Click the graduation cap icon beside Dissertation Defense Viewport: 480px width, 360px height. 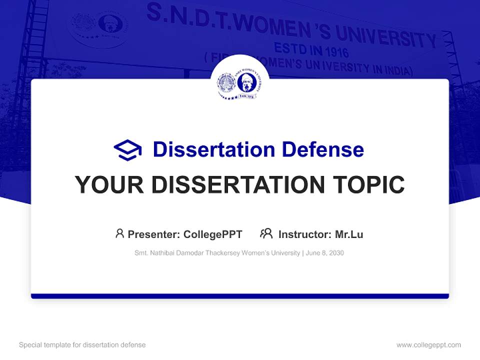pos(127,149)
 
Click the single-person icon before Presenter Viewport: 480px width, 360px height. pos(119,233)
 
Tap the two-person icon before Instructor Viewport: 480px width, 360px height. pos(266,233)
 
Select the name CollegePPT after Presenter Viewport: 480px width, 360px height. pos(213,234)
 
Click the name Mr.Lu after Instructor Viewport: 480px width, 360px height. pos(349,234)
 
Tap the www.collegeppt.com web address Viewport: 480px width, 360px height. pos(428,345)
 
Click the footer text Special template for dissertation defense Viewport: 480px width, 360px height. pos(82,345)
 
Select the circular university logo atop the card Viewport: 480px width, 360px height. pos(240,83)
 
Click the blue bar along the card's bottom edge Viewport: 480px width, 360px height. pos(240,296)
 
